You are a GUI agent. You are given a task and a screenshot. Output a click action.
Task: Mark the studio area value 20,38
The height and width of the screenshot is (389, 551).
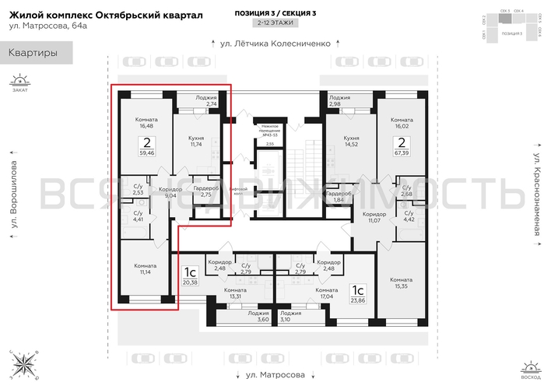click(x=190, y=282)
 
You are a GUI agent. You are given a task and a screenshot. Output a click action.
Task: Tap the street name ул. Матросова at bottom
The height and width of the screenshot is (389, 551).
click(x=275, y=374)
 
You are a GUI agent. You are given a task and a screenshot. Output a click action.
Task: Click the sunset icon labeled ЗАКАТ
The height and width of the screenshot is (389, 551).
click(x=19, y=80)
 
